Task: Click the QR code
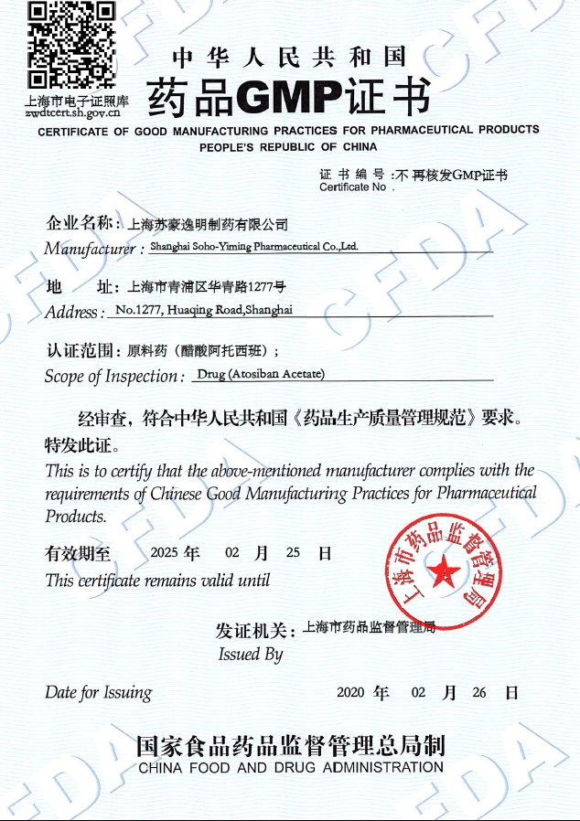click(x=71, y=45)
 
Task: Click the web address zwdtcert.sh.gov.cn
click(x=72, y=113)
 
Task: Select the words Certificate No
click(x=353, y=187)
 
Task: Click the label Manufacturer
click(x=90, y=249)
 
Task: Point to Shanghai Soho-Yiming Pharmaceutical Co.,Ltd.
click(x=253, y=247)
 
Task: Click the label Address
click(x=73, y=312)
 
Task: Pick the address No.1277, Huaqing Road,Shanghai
click(x=204, y=310)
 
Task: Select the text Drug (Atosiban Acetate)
click(x=261, y=373)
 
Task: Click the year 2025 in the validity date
click(x=164, y=553)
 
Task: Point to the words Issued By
click(x=250, y=654)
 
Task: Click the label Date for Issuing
click(x=98, y=692)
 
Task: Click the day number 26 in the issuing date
click(x=479, y=692)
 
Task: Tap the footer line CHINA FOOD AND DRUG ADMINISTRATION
click(x=290, y=767)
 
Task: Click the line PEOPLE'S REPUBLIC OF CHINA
click(x=288, y=146)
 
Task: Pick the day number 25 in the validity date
click(x=293, y=553)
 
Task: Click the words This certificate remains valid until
click(x=157, y=580)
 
